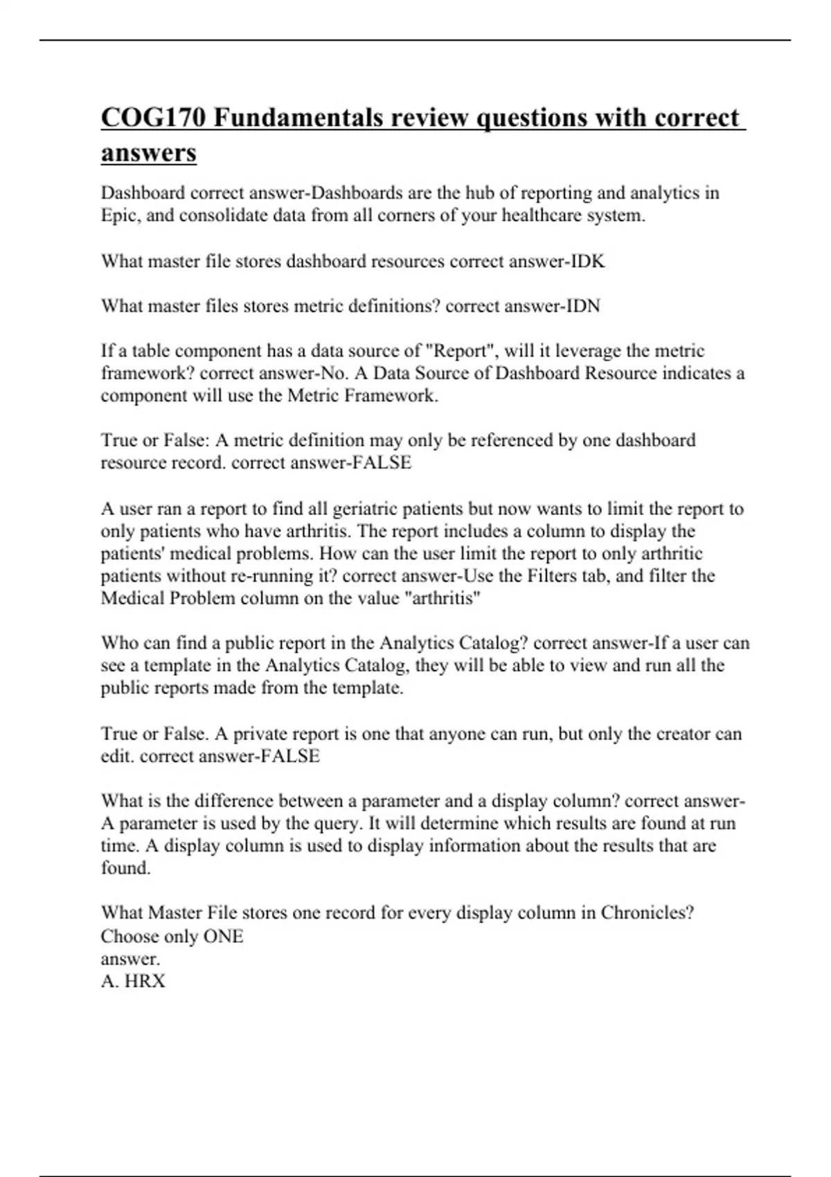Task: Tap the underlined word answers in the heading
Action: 148,152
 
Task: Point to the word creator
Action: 683,734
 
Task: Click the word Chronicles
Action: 647,913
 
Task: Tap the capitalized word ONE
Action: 223,937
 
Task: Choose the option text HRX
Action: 145,981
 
